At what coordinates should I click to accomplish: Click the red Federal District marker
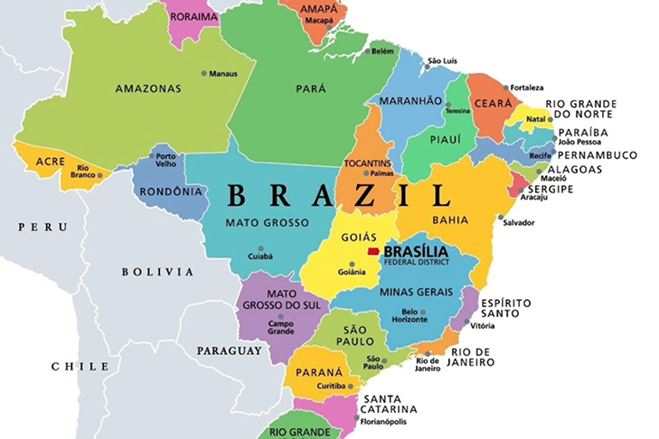372,252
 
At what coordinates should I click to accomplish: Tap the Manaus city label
223,73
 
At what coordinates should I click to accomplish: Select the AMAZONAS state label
148,89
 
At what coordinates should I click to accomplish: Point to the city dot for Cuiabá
261,248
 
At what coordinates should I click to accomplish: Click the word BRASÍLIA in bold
422,252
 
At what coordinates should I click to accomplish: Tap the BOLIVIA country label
157,271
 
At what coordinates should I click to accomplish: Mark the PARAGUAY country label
230,350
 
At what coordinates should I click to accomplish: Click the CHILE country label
80,366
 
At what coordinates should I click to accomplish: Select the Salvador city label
519,222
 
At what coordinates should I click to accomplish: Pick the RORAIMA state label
194,16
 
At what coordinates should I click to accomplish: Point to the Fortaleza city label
527,88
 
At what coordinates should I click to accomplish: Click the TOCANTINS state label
368,163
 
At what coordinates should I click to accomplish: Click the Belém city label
383,51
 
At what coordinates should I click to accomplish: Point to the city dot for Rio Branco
100,175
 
